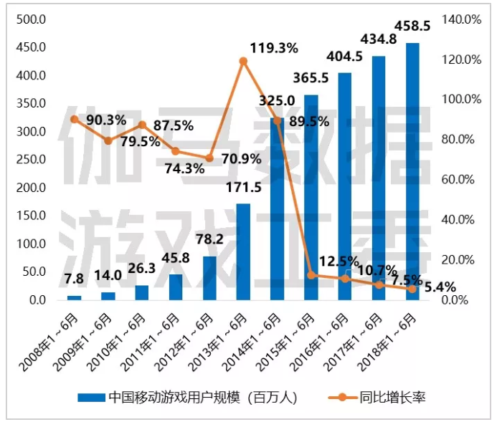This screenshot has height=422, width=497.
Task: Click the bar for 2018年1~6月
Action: coord(412,172)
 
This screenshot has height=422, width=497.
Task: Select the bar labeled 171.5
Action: coord(244,251)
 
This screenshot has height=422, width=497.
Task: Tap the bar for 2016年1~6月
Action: coord(345,186)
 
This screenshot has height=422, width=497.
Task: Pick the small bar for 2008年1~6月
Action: coord(75,297)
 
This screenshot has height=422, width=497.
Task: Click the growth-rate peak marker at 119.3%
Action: coord(243,61)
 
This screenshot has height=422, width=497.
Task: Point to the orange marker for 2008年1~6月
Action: coord(75,119)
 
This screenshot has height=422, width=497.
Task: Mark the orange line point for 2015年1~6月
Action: coord(311,275)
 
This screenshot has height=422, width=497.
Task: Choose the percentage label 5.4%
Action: coord(440,287)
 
